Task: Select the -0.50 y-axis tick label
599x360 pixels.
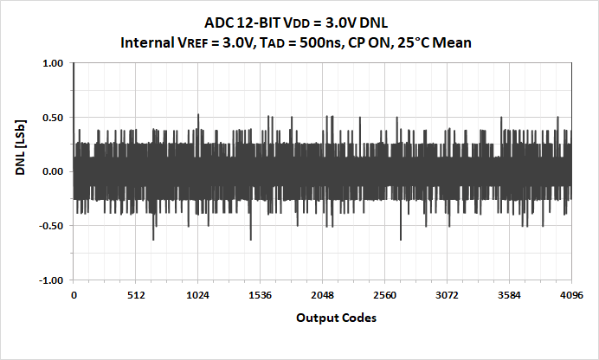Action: [x=50, y=226]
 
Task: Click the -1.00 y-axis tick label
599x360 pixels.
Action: [x=50, y=280]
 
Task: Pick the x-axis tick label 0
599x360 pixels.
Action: [x=74, y=296]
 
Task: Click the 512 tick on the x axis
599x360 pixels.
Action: [x=136, y=296]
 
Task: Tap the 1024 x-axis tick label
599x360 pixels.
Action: [x=198, y=296]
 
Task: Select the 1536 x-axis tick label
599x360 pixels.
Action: [x=261, y=296]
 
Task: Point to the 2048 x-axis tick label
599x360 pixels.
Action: [x=323, y=296]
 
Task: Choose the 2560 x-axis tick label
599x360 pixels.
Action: [x=385, y=296]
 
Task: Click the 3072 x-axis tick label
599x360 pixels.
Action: [x=448, y=296]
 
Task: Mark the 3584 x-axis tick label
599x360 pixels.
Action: [x=510, y=296]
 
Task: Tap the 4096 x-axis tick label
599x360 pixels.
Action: [x=571, y=296]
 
